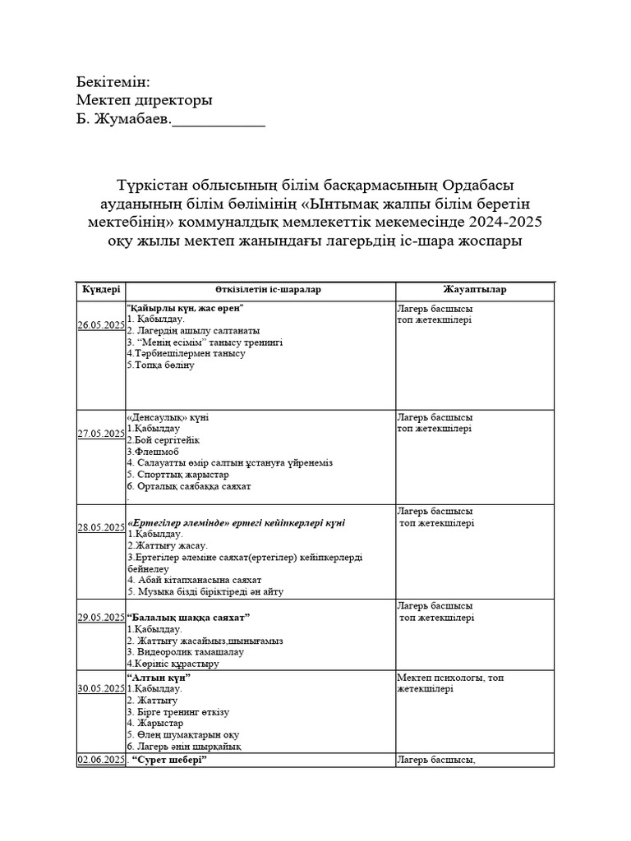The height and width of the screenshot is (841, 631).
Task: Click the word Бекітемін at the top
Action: (113, 82)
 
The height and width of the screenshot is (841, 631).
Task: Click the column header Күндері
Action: (100, 290)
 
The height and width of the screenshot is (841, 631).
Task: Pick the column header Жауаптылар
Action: (474, 290)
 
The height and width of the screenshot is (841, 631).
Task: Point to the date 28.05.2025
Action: (100, 527)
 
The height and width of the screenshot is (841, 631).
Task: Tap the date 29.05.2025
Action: (100, 617)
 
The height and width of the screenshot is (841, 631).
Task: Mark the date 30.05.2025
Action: (100, 689)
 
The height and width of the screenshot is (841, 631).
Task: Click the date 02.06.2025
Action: (100, 761)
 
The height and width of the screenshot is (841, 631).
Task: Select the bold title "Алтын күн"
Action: (159, 678)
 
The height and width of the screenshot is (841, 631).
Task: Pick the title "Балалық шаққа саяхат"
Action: (189, 617)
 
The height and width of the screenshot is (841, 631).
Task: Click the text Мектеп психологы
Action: (442, 678)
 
